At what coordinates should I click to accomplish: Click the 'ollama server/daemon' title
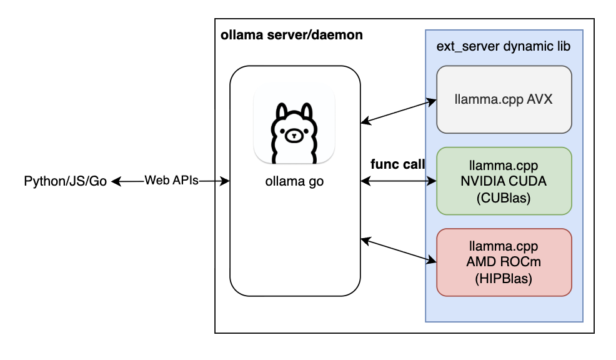tap(291, 35)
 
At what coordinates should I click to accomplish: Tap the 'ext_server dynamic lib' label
tap(504, 47)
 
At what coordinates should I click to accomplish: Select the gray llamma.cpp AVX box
tap(504, 99)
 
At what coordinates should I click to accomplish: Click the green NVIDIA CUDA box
tap(504, 181)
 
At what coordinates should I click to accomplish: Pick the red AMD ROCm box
tap(504, 262)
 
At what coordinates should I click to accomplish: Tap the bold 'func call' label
tap(397, 165)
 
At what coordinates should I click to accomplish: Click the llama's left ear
tap(282, 111)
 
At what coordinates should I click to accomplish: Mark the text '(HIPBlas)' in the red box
tap(504, 279)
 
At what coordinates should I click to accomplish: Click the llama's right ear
tap(306, 111)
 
